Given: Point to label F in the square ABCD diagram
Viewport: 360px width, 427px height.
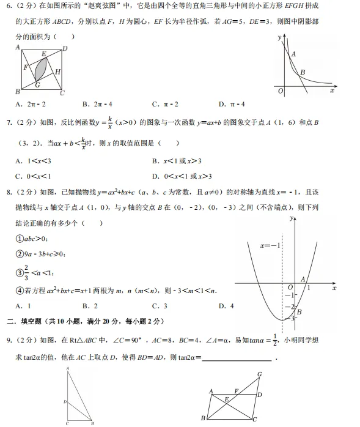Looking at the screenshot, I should pos(25,67).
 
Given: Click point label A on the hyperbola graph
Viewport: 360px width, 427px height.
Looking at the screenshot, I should pos(293,54).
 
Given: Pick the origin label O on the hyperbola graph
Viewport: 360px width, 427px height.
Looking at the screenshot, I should pos(280,91).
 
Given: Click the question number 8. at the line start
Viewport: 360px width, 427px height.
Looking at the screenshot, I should pos(8,192).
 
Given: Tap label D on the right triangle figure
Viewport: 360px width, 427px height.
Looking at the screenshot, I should pos(65,401).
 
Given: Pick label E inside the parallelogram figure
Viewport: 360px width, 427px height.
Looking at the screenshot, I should pos(226,398).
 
